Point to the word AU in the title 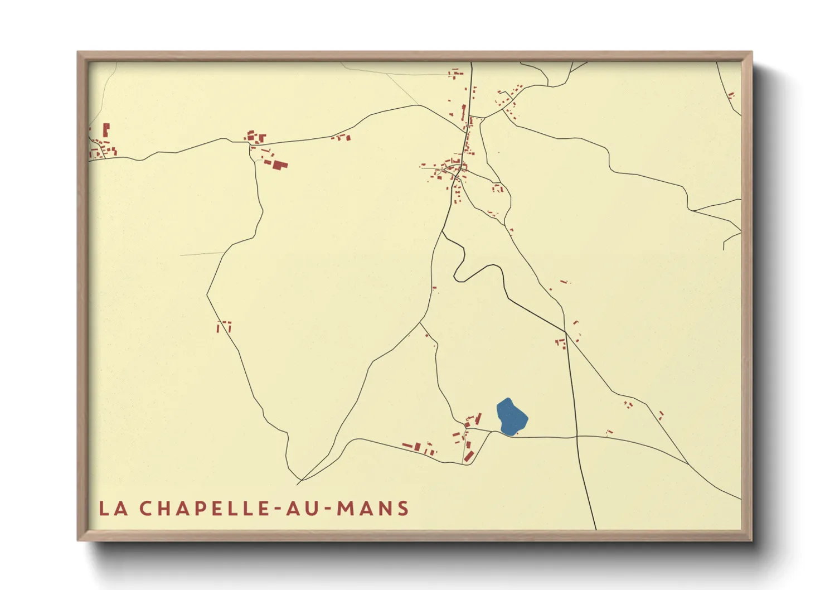304,509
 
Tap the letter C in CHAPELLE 146,509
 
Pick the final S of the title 404,509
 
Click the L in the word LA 104,509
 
